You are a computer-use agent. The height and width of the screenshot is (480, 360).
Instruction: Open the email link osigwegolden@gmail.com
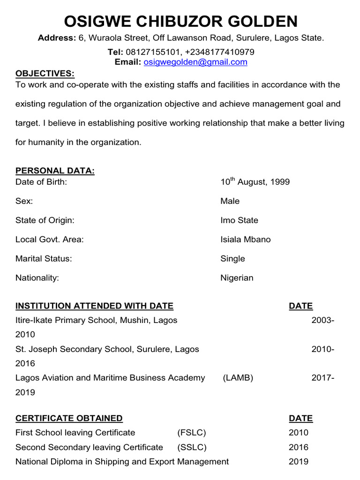coord(195,62)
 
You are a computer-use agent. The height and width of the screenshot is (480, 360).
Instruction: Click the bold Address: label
coord(56,37)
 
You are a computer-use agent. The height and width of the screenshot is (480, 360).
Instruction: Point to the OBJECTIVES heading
coord(45,74)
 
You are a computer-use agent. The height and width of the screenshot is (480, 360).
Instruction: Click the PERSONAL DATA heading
coord(55,171)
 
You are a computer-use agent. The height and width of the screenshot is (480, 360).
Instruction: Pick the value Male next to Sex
coord(230,201)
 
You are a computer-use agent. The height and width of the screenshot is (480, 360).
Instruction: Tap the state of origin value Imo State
coord(239,220)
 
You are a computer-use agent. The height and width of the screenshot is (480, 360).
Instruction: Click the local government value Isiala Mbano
coord(245,240)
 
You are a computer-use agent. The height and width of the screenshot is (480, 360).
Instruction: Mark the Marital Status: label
coord(44,259)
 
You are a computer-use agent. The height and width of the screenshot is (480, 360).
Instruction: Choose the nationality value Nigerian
coord(237,278)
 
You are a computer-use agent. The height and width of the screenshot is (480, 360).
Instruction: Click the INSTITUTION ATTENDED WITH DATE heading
coord(94,306)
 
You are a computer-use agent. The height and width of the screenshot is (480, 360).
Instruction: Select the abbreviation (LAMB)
coord(238,378)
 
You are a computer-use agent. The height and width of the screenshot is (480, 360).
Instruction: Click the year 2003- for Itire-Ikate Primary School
coord(323,321)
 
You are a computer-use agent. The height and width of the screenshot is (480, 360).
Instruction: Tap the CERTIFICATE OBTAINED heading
coord(69,418)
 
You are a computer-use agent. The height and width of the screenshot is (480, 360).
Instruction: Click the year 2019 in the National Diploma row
coord(299,462)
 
